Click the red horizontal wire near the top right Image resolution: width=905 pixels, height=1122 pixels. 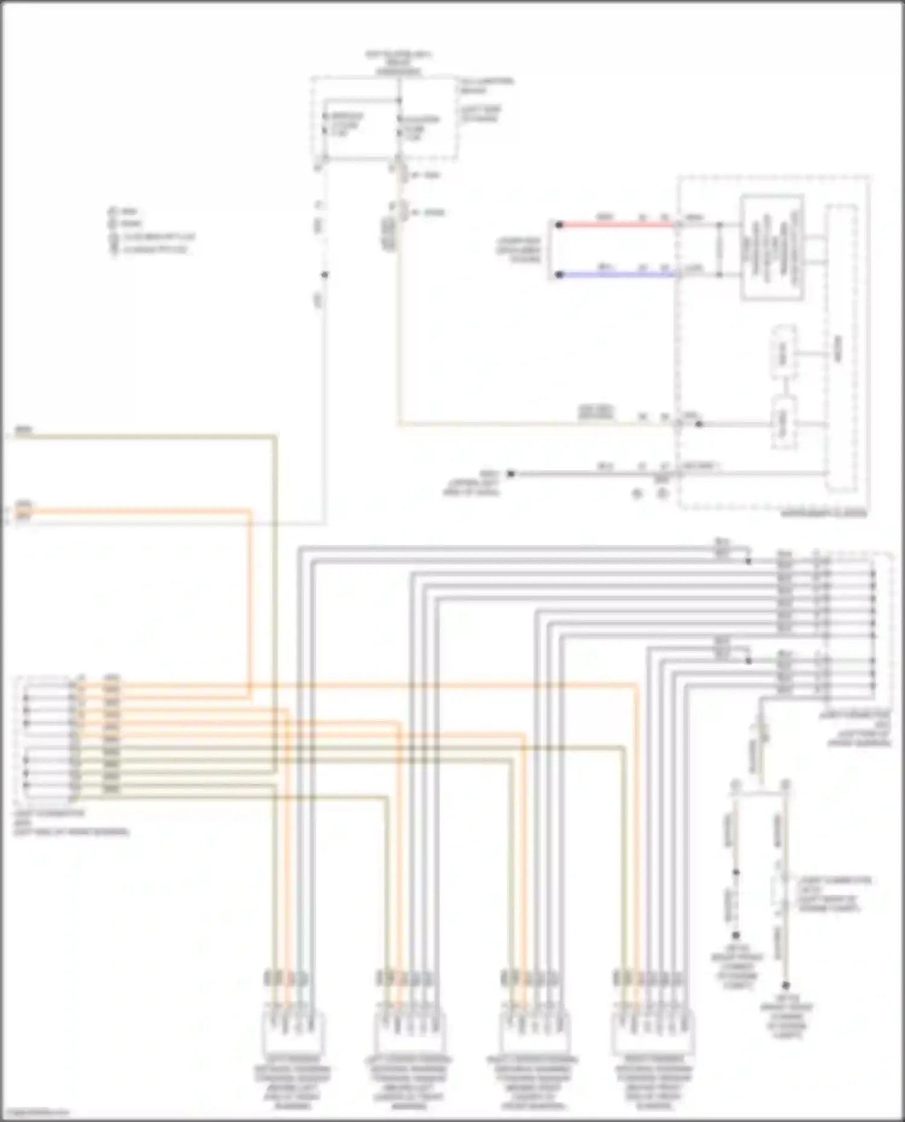tap(615, 225)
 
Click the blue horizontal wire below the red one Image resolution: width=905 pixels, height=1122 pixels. tap(615, 275)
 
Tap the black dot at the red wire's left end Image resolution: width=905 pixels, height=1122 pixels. tap(559, 225)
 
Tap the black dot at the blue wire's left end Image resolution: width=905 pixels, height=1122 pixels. tap(559, 275)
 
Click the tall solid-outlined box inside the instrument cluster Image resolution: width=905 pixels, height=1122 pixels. tap(772, 247)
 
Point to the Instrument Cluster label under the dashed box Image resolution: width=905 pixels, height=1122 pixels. tap(824, 514)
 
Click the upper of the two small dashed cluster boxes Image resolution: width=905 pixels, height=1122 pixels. tap(783, 353)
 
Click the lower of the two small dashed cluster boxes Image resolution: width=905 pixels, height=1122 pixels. tap(783, 422)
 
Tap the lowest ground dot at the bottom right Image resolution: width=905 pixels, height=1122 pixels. tap(786, 986)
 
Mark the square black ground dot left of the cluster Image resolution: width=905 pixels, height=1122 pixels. tap(510, 474)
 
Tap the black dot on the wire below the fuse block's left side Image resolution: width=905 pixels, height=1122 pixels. tap(325, 275)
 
